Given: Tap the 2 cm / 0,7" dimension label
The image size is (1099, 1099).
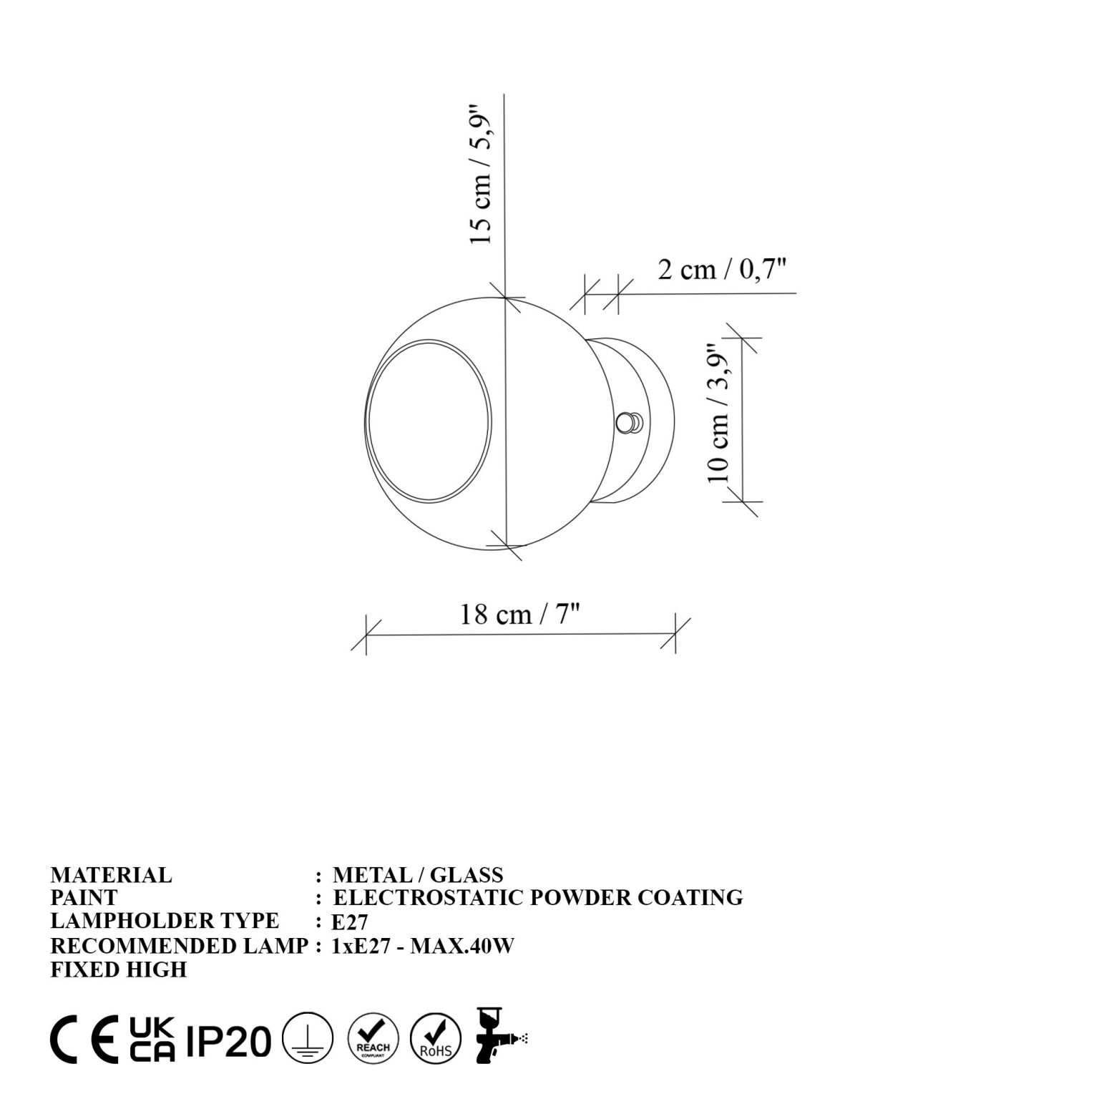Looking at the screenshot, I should [x=722, y=270].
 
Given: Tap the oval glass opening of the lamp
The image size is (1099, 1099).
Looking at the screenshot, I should [x=430, y=419].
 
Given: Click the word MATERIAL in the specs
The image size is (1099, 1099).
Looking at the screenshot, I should [x=111, y=874].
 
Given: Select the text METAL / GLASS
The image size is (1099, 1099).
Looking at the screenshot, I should [x=418, y=874].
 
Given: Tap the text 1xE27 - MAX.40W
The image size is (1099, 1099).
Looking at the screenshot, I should [x=423, y=946].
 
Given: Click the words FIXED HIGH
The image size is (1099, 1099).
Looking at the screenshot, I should [x=118, y=969].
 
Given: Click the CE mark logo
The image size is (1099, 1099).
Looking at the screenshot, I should [x=84, y=1040].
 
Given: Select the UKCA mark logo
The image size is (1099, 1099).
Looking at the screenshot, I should [x=152, y=1038].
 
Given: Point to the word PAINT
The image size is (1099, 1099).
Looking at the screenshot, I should [x=84, y=897].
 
